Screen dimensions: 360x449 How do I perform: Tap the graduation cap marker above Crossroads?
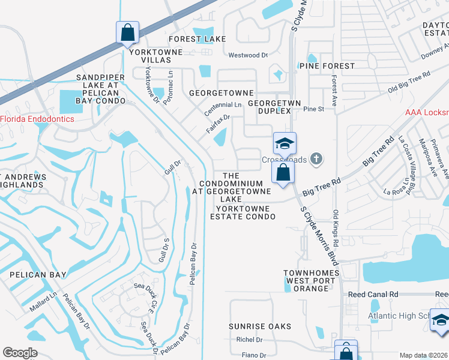(285, 143)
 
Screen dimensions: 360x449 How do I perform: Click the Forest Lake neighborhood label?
(197, 39)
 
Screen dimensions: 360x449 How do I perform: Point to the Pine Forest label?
(327, 65)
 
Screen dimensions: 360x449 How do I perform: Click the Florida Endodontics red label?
(37, 119)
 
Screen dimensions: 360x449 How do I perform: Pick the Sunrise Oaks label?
(260, 326)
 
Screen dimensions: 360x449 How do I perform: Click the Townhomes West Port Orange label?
(306, 280)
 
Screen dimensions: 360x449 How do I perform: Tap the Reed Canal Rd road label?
(373, 295)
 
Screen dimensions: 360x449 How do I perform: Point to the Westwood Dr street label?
(248, 55)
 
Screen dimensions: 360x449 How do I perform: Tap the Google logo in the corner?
(20, 353)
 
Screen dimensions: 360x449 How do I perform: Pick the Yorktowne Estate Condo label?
(243, 212)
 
